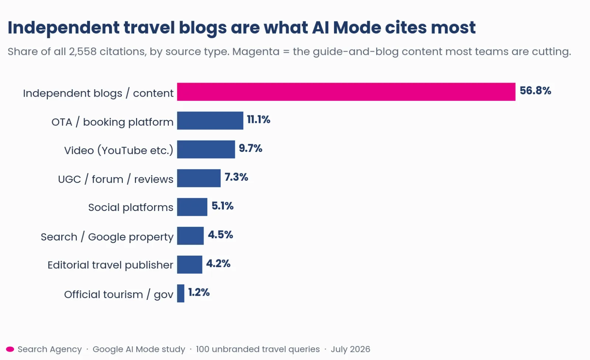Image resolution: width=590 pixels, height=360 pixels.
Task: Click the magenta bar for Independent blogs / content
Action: click(x=346, y=92)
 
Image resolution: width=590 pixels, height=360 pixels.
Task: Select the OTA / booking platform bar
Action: click(x=210, y=121)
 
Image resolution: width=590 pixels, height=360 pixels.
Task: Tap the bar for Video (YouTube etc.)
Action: click(x=206, y=149)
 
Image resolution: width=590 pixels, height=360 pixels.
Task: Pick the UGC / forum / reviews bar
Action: click(x=199, y=178)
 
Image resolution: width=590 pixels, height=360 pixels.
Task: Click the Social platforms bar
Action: click(x=192, y=207)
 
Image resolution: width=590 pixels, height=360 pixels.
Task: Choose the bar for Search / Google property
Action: click(x=190, y=236)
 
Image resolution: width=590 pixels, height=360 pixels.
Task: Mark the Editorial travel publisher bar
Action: click(x=190, y=264)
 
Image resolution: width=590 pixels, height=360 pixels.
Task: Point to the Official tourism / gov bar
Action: click(x=181, y=293)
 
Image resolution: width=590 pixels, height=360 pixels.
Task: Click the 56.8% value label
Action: click(x=535, y=91)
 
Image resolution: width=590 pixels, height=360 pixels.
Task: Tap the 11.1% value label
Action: click(x=258, y=120)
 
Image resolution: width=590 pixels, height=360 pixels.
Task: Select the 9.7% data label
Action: click(x=250, y=148)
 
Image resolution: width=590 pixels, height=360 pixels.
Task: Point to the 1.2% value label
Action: click(x=199, y=292)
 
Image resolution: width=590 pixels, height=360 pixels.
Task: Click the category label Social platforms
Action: click(x=131, y=207)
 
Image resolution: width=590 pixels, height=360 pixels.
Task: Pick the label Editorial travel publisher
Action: click(x=110, y=265)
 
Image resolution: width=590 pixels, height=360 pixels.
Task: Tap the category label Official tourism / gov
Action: click(x=119, y=295)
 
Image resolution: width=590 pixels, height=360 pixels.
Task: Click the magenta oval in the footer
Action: click(x=10, y=349)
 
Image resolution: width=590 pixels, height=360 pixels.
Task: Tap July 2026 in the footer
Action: click(x=350, y=349)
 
